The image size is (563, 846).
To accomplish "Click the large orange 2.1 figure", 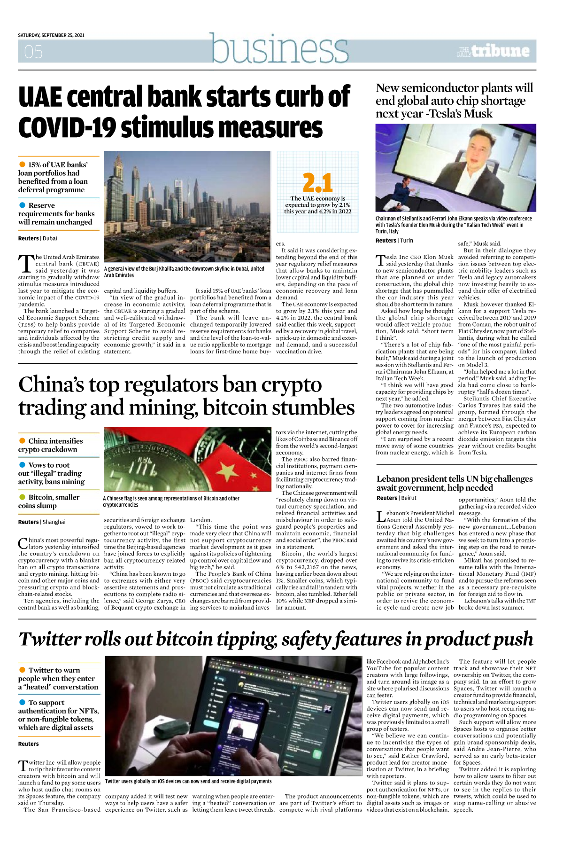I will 317,183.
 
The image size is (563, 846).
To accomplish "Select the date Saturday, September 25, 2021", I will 51,35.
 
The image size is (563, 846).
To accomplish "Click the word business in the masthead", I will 279,48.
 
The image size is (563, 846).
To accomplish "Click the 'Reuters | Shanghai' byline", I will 42,522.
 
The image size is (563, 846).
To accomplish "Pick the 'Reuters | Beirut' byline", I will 396,498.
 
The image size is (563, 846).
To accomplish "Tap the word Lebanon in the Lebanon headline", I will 396,479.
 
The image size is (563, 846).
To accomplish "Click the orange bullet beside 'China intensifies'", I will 22,441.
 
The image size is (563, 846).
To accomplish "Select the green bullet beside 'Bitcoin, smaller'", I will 22,497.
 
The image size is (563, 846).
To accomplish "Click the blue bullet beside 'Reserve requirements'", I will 22,205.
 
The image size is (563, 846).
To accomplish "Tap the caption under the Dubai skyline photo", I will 184,272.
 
